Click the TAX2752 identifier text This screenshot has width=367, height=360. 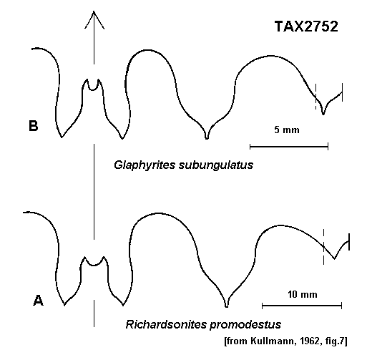(306, 26)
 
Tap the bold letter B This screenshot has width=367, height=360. (34, 126)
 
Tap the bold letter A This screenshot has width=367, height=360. (38, 301)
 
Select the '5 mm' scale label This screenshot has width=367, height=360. (287, 130)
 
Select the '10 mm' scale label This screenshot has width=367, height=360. (303, 294)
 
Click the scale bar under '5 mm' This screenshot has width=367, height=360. (289, 147)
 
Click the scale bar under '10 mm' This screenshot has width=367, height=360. (302, 306)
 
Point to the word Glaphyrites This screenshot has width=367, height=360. (145, 165)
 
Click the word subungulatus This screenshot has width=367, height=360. (216, 165)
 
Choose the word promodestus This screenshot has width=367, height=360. (245, 325)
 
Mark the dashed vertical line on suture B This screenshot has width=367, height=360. (316, 97)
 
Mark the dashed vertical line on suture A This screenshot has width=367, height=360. (323, 247)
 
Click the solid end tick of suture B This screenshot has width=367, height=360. (342, 92)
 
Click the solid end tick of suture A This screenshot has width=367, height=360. (349, 242)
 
